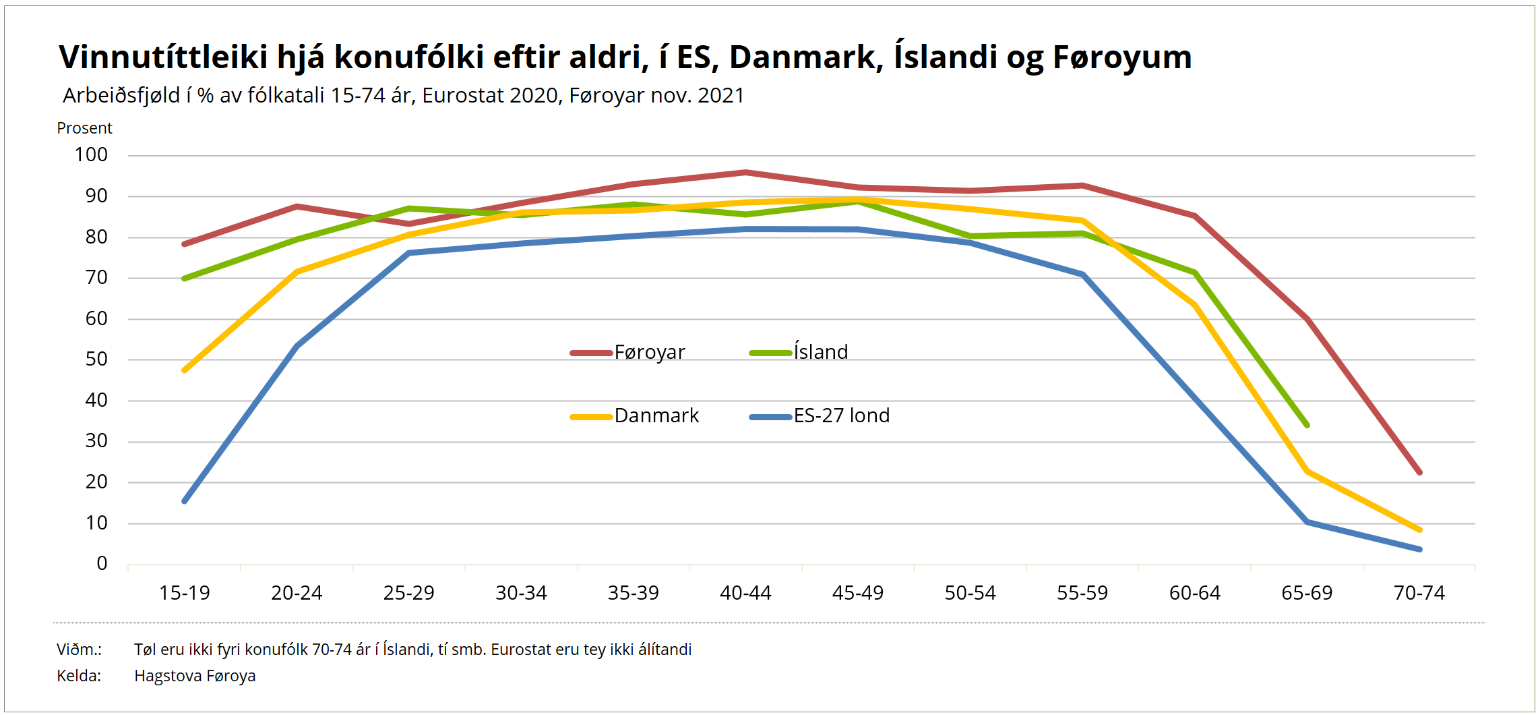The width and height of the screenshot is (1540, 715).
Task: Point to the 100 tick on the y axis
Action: (x=91, y=155)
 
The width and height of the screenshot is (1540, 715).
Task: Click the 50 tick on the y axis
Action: (x=96, y=360)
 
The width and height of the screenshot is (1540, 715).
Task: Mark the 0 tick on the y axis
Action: (x=102, y=564)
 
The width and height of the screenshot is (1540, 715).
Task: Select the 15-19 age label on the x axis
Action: (x=184, y=593)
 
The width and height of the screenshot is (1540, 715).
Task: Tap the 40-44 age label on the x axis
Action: (x=745, y=593)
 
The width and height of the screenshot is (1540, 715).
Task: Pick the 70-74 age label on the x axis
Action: (x=1419, y=593)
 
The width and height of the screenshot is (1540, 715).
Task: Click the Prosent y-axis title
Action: (x=84, y=128)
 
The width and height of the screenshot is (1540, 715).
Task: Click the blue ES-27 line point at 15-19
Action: (x=185, y=501)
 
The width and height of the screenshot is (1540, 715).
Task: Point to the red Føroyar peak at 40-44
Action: (x=745, y=173)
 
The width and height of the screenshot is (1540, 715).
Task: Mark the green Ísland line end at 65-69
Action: (x=1307, y=426)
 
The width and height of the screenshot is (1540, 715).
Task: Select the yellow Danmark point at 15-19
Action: (x=185, y=370)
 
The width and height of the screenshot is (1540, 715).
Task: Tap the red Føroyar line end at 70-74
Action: (x=1419, y=473)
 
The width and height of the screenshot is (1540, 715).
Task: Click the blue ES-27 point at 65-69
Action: (x=1307, y=522)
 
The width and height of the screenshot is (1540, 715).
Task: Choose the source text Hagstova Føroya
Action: (x=195, y=676)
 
